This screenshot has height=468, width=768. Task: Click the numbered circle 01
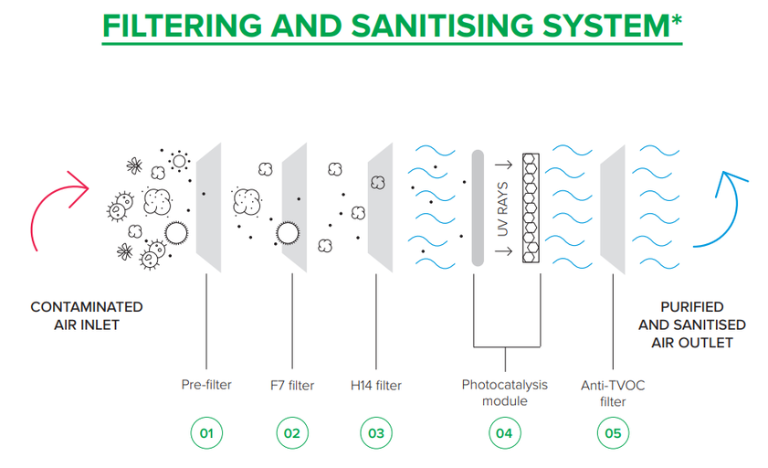206,432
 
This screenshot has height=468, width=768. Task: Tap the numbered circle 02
292,432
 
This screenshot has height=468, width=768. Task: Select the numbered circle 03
376,432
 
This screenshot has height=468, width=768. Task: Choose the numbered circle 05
612,432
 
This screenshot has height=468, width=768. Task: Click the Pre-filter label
206,385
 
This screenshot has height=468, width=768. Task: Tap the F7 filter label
292,385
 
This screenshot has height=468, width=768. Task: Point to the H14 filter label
376,385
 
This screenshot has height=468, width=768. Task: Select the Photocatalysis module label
503,392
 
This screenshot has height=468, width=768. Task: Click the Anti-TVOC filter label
612,392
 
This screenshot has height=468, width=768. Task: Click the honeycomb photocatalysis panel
531,208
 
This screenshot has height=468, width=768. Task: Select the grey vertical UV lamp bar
477,208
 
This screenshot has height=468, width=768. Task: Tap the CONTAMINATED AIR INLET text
87,314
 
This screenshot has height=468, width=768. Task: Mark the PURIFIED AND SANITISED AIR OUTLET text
692,324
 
